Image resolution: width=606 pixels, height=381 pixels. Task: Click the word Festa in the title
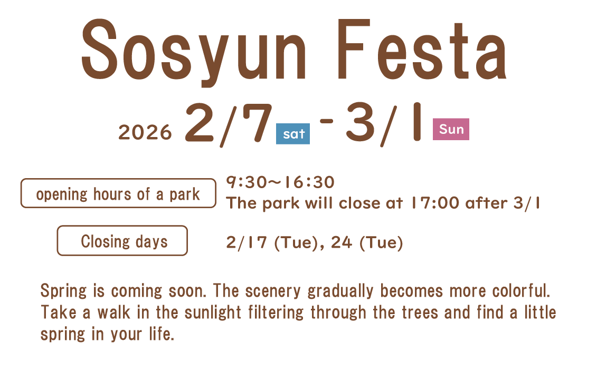tap(422, 49)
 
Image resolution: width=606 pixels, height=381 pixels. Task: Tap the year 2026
tap(145, 132)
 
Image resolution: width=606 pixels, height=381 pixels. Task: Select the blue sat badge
tap(293, 134)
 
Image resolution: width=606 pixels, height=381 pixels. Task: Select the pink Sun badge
tap(451, 129)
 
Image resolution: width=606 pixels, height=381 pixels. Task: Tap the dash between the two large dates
tap(327, 121)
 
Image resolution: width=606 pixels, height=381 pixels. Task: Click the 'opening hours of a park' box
tap(118, 193)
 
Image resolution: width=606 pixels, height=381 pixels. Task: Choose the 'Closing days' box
tap(122, 241)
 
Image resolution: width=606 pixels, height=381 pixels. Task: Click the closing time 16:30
tap(309, 182)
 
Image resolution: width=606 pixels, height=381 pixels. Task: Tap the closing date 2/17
tap(247, 242)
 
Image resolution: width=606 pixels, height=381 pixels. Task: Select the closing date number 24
tap(341, 242)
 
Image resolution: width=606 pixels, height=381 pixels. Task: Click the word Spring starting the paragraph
tap(64, 291)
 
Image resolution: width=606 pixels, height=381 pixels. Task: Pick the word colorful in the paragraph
tap(521, 290)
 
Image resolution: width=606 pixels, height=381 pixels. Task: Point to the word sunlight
tap(213, 312)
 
